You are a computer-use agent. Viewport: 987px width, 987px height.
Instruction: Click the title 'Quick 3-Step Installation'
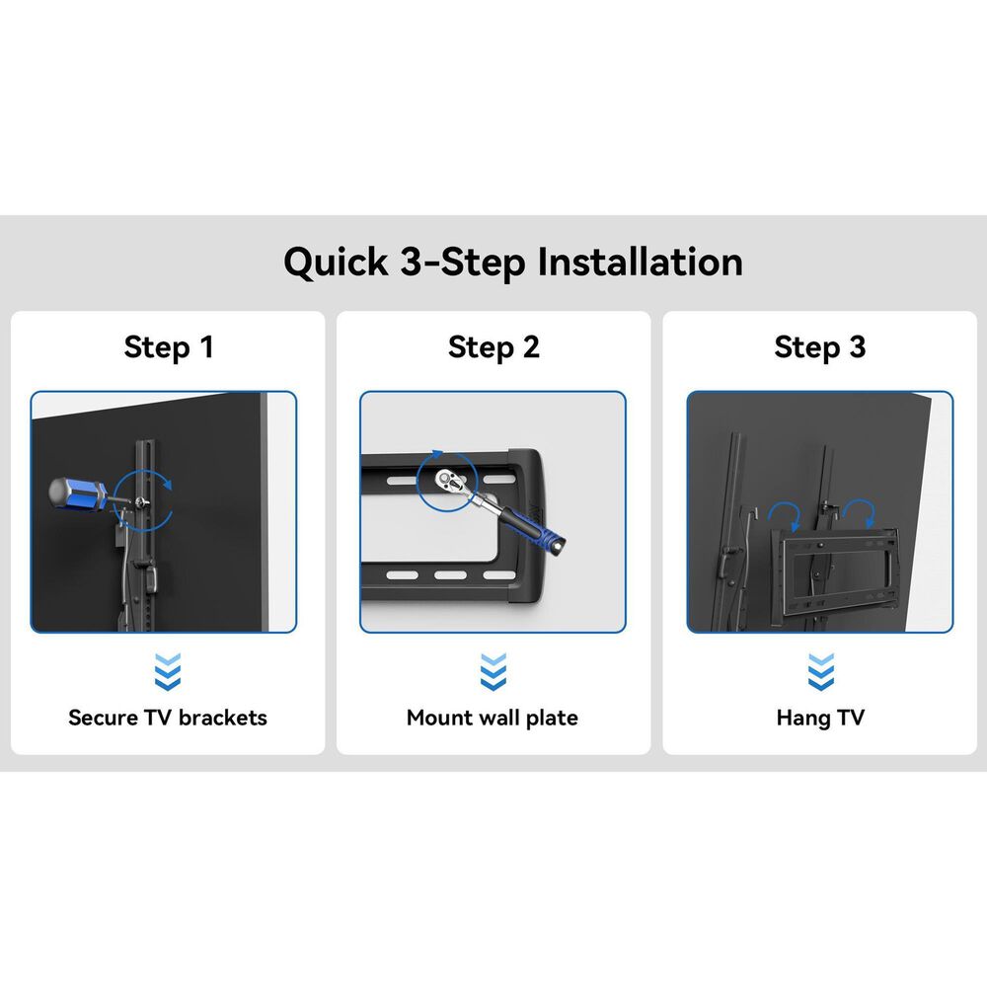pyautogui.click(x=513, y=262)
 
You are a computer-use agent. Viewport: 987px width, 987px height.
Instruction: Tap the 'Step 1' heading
pyautogui.click(x=169, y=347)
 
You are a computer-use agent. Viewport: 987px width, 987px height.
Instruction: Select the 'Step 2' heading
pyautogui.click(x=493, y=347)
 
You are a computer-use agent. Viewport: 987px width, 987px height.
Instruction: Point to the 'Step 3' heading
pyautogui.click(x=819, y=347)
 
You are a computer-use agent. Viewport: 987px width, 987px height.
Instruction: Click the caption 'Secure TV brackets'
pyautogui.click(x=168, y=718)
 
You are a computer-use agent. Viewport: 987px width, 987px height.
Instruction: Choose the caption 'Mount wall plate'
pyautogui.click(x=493, y=719)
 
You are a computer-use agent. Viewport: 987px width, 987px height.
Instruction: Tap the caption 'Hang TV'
pyautogui.click(x=820, y=719)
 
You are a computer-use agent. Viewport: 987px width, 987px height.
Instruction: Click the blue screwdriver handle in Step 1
pyautogui.click(x=78, y=493)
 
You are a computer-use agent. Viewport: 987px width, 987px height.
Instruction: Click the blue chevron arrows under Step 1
pyautogui.click(x=168, y=671)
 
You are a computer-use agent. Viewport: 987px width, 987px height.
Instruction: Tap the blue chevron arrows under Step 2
pyautogui.click(x=493, y=671)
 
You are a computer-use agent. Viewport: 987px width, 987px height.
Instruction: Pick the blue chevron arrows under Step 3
pyautogui.click(x=821, y=671)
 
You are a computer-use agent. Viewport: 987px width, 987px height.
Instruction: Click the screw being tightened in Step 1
pyautogui.click(x=141, y=501)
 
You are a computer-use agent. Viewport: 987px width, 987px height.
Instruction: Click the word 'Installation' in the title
pyautogui.click(x=641, y=261)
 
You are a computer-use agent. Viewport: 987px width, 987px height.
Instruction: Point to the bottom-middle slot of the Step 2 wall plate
pyautogui.click(x=450, y=575)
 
